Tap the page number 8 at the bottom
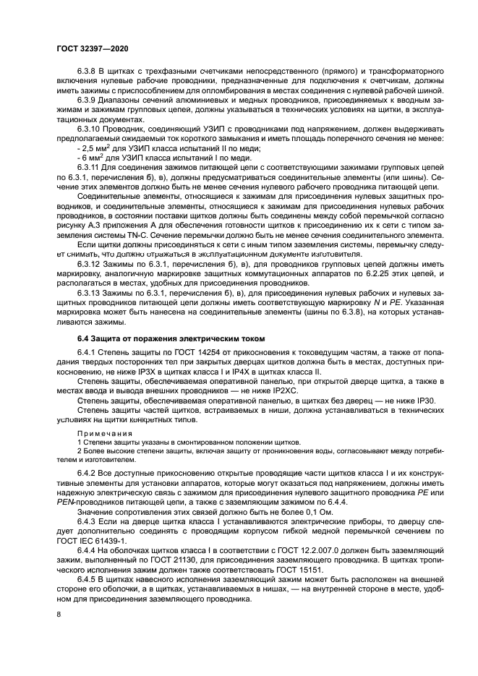(59, 615)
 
